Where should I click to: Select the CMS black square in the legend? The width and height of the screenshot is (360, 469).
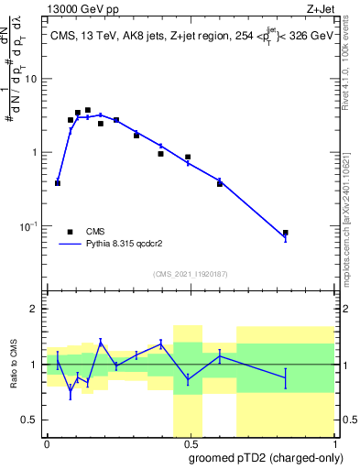(x=70, y=232)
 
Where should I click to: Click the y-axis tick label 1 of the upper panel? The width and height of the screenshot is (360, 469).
(x=34, y=152)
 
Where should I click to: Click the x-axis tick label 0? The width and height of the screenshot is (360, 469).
(x=47, y=445)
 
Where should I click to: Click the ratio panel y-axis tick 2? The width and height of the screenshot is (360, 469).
(x=34, y=309)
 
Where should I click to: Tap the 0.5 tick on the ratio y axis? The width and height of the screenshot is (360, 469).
(x=29, y=420)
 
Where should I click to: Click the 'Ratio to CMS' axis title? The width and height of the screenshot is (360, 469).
(x=14, y=365)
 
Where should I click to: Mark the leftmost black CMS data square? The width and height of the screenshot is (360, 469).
(x=58, y=183)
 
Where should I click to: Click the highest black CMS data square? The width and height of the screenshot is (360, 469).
(x=88, y=110)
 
